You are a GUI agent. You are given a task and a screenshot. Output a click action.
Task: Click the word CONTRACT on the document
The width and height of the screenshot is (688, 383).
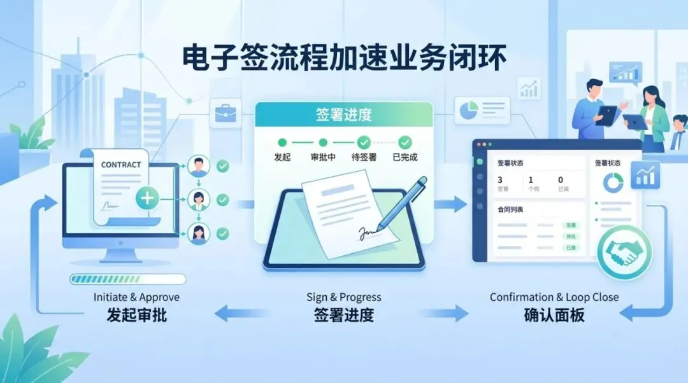121,165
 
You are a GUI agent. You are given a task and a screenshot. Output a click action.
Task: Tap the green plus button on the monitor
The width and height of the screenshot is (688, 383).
147,198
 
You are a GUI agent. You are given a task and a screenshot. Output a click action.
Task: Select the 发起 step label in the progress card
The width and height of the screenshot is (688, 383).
282,157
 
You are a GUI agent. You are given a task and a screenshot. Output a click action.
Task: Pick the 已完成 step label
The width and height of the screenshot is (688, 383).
405,157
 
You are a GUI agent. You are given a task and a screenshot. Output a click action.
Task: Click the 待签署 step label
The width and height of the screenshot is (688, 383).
364,157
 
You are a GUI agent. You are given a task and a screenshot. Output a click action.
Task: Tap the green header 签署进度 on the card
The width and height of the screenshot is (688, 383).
343,115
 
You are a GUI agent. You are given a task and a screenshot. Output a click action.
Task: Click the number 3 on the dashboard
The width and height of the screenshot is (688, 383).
500,180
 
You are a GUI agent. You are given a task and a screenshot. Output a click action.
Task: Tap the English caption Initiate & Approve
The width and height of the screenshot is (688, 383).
136,297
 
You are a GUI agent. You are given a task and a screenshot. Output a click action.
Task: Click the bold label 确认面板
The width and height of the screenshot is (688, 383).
554,314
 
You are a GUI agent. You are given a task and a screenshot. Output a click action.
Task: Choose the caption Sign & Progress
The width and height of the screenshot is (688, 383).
344,297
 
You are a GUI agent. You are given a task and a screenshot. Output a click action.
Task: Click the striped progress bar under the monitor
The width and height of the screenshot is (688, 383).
127,279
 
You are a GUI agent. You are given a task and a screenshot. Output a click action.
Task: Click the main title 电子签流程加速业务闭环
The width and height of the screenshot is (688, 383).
344,59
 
